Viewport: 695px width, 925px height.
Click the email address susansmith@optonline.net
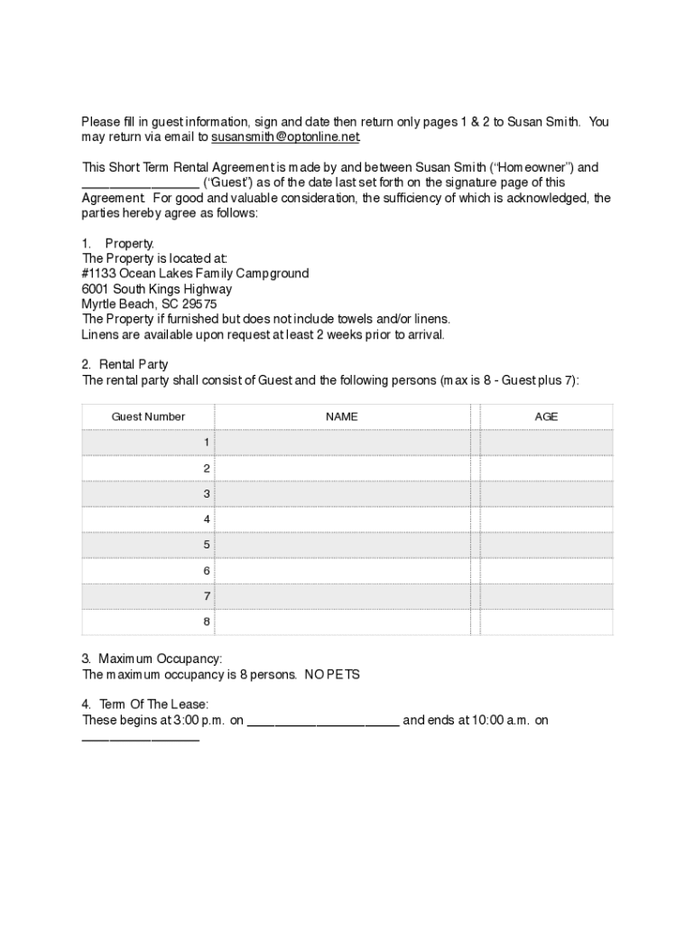coord(285,137)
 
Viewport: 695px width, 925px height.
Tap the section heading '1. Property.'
coord(118,243)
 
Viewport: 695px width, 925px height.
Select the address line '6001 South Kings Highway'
coord(156,289)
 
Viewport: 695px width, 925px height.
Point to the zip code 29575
coord(199,304)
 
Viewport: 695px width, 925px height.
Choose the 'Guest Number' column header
coord(148,416)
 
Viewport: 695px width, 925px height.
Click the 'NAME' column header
coord(342,416)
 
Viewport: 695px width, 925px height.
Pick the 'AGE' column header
coord(546,416)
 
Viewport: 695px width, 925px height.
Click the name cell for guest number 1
coord(342,443)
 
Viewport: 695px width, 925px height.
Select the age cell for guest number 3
coord(546,494)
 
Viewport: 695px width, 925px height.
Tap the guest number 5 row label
coord(206,546)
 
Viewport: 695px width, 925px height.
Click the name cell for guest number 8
coord(342,622)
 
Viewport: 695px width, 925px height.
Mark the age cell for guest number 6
coord(546,571)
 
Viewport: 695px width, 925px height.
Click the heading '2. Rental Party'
coord(125,365)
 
